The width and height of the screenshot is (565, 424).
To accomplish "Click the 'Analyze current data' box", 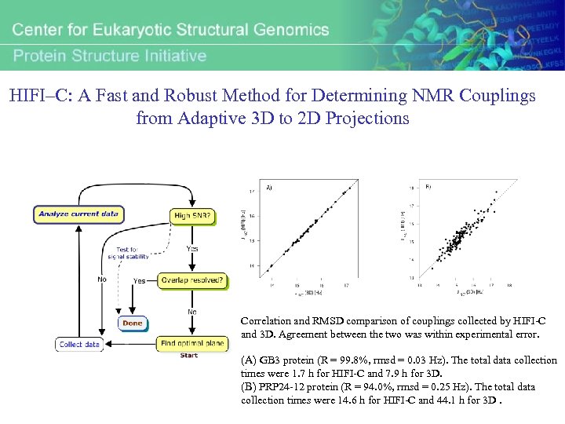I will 77,213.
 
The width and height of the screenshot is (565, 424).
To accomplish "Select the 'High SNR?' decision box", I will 192,216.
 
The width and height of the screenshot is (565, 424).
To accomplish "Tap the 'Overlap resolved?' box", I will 191,280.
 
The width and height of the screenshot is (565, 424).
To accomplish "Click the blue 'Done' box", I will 132,323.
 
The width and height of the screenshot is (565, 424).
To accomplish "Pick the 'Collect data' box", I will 79,344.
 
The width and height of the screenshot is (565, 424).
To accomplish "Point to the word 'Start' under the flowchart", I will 189,356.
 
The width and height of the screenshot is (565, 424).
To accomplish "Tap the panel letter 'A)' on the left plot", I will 269,188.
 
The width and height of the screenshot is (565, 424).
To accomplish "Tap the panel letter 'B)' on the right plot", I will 428,187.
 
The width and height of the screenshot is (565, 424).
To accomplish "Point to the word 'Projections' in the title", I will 366,119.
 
